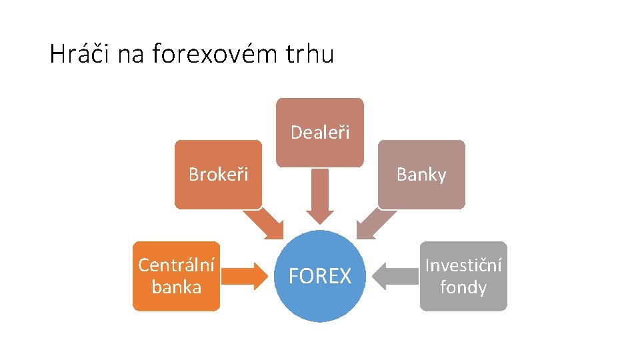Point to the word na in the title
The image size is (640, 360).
(131, 54)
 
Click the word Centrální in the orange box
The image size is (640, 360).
(176, 265)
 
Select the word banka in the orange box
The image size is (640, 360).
(176, 287)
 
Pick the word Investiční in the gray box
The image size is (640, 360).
(463, 265)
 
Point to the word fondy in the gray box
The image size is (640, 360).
(463, 287)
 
